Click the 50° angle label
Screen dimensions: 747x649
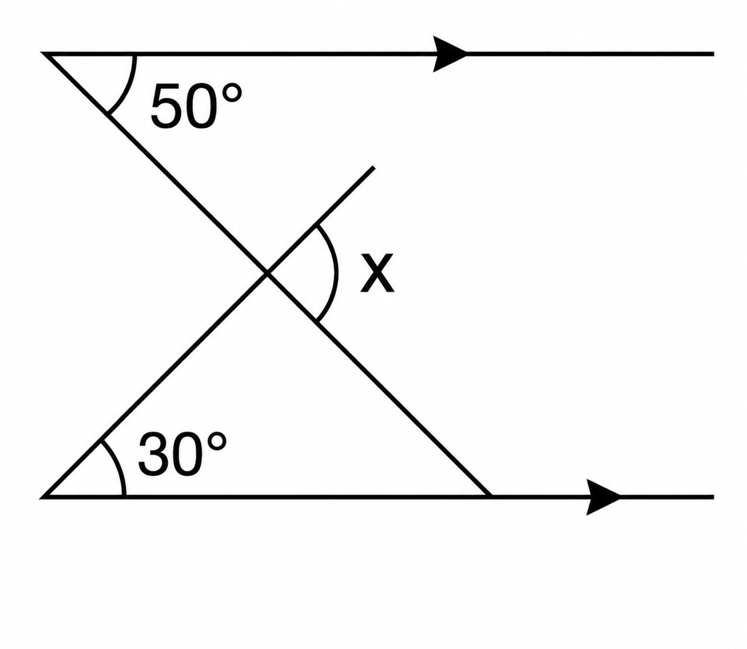[196, 106]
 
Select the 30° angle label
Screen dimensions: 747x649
[182, 454]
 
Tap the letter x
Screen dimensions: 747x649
[377, 273]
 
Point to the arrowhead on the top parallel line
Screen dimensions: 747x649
[450, 54]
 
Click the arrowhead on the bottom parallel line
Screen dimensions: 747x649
[603, 497]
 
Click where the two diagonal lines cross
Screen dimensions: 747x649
[267, 273]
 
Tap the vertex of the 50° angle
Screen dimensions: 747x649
[45, 54]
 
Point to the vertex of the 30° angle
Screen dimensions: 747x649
[43, 497]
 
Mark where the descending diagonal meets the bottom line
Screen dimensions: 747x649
[491, 497]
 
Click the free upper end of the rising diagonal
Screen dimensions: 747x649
[374, 168]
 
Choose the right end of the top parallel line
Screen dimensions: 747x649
[714, 54]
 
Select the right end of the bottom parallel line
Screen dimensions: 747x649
[714, 497]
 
